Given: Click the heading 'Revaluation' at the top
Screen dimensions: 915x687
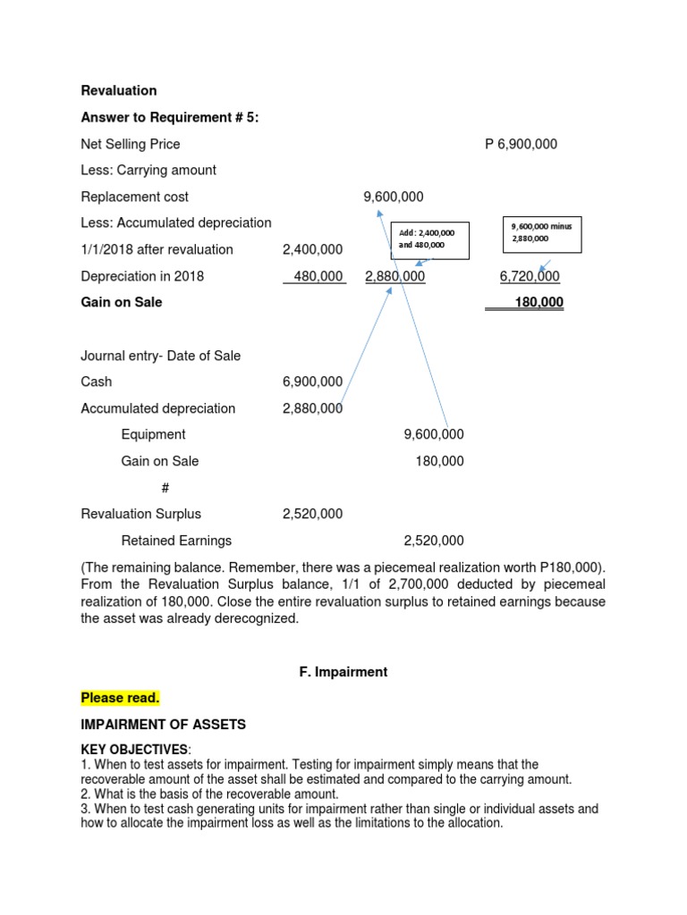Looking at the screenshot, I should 119,90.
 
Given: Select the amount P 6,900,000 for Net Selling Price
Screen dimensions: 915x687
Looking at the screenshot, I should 521,144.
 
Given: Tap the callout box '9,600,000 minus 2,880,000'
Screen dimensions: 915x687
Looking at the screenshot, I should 542,232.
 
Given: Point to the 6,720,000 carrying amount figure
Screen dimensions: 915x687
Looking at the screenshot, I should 530,276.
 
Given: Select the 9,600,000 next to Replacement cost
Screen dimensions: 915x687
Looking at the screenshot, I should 394,197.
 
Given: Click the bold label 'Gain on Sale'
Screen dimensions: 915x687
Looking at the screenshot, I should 122,302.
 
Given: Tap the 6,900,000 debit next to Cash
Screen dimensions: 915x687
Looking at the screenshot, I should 312,382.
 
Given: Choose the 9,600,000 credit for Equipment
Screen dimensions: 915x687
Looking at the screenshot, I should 434,434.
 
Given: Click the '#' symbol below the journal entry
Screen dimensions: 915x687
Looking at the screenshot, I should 165,488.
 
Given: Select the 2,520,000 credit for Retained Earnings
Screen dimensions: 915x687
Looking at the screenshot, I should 434,541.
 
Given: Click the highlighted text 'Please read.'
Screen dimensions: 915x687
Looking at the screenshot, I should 120,698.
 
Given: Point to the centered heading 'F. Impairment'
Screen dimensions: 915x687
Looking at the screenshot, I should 343,672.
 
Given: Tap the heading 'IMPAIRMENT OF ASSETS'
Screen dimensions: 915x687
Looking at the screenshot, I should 163,725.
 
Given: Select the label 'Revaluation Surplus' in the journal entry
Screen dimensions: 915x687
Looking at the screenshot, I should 141,514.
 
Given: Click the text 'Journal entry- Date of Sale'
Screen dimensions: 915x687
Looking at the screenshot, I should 160,356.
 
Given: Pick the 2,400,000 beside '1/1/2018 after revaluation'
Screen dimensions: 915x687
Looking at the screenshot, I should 312,249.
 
